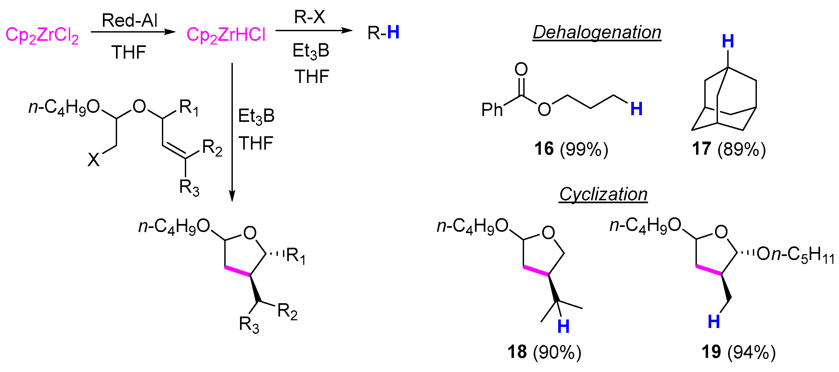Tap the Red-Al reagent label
[x=130, y=20]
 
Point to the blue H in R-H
[x=393, y=32]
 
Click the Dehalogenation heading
[x=597, y=32]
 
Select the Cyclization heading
[x=603, y=194]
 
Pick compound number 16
[x=544, y=149]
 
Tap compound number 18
[x=517, y=352]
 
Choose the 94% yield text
[x=752, y=352]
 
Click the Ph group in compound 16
[x=492, y=110]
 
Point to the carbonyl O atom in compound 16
[x=521, y=69]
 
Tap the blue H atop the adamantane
[x=728, y=41]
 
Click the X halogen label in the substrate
[x=94, y=160]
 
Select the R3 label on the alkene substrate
[x=189, y=188]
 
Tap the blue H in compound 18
[x=564, y=326]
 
